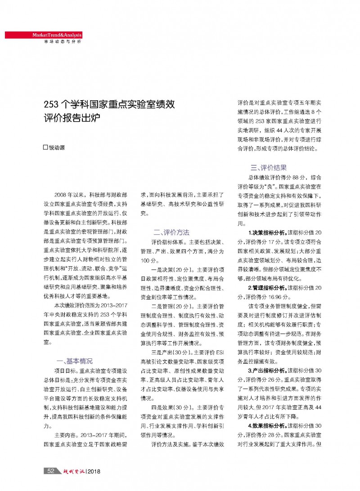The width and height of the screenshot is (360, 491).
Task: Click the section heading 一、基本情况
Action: coord(74,361)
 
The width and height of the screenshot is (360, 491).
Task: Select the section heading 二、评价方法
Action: coord(171,232)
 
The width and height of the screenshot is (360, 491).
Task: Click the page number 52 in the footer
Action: coord(51,471)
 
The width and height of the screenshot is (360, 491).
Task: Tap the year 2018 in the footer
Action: coord(94,471)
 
